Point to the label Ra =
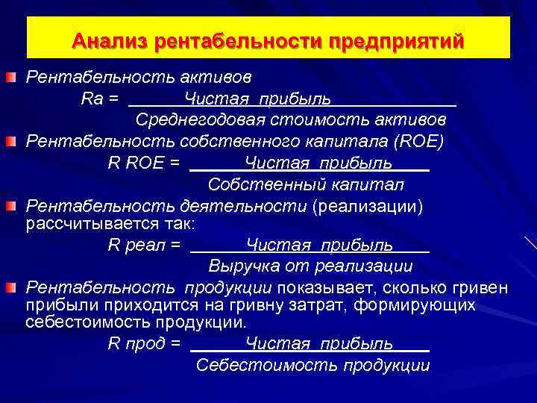tap(100, 99)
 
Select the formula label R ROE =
tap(144, 162)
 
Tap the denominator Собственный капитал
tap(306, 184)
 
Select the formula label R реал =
tap(145, 244)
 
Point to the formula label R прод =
tap(145, 344)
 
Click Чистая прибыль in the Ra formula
tap(258, 99)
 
